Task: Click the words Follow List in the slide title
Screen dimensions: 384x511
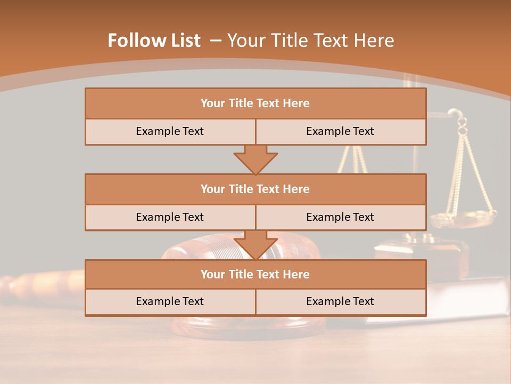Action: point(154,41)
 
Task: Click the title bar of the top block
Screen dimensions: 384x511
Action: point(256,103)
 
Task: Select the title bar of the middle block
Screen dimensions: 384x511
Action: point(256,189)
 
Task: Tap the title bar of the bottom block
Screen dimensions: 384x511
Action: point(256,274)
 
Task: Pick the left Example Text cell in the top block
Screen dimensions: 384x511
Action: point(170,131)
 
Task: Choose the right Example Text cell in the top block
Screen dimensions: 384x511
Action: point(340,131)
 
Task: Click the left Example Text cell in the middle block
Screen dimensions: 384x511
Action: point(170,217)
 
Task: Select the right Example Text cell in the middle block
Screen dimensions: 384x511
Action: point(340,217)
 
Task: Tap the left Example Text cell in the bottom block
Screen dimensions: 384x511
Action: point(170,301)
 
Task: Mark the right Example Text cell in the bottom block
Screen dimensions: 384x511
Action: point(340,301)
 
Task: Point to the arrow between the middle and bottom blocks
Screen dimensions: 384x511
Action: point(256,245)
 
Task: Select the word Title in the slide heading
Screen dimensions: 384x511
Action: point(296,41)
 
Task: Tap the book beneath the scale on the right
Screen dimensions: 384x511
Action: point(463,299)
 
